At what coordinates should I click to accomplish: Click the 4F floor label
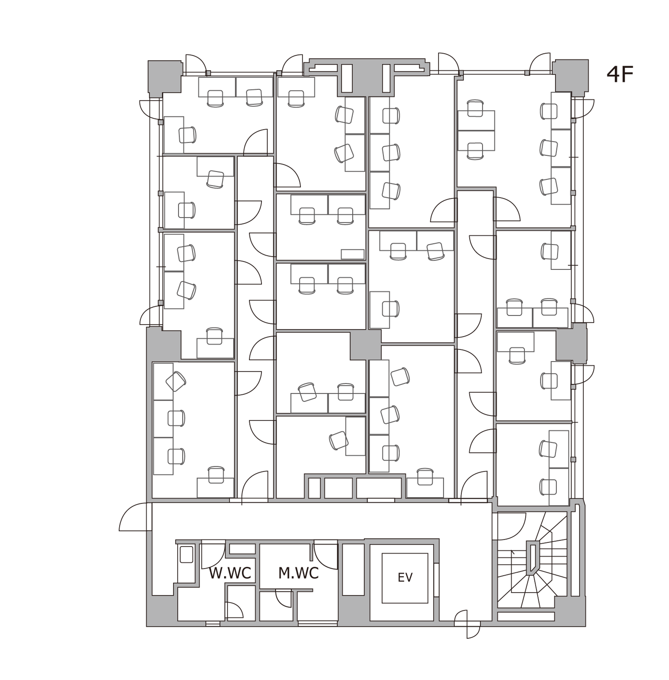pos(620,75)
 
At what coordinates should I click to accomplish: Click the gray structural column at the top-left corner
pos(164,77)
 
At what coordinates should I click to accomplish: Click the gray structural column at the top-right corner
pos(571,76)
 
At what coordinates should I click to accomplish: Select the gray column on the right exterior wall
pos(571,343)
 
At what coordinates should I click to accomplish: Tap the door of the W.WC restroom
pos(213,556)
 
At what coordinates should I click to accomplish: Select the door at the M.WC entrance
pos(326,556)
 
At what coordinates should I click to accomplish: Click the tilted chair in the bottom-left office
pos(176,382)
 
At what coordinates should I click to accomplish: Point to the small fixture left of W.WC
pos(187,554)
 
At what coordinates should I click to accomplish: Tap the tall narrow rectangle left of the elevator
pos(353,570)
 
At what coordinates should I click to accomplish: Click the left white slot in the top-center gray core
pos(347,78)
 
